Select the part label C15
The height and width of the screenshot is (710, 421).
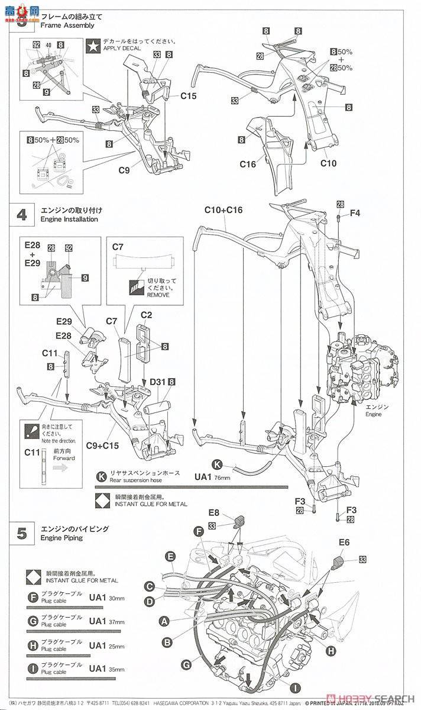pos(188,95)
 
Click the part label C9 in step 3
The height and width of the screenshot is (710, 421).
pos(124,170)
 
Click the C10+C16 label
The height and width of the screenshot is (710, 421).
pos(224,210)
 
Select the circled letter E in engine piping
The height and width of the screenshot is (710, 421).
pos(170,556)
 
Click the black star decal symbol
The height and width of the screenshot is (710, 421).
pos(93,46)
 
